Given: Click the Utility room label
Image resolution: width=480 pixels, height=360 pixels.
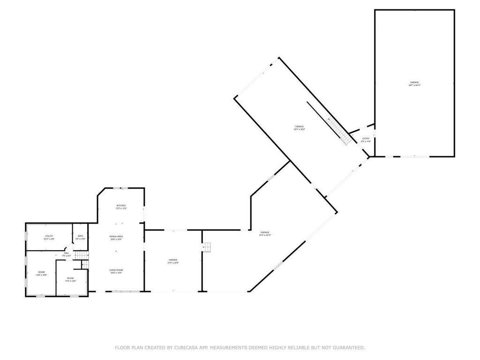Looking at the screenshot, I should coord(49,236).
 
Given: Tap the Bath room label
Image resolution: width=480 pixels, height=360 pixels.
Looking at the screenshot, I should coord(81,236).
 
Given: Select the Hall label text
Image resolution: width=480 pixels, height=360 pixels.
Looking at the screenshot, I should coord(66,253).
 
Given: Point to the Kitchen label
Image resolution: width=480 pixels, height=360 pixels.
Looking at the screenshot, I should coord(121,205).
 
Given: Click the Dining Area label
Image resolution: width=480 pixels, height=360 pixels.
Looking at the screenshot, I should coord(116,236).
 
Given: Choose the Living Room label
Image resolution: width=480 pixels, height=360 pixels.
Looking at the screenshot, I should coord(116,270).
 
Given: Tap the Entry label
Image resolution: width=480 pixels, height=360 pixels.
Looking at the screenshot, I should coord(366,138).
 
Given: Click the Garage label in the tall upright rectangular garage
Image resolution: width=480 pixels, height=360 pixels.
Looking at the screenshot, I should coord(414,82).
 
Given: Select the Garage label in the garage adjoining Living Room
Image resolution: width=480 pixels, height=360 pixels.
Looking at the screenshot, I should coord(173,260).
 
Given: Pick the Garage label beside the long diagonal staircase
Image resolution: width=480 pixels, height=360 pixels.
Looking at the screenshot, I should coord(300,127).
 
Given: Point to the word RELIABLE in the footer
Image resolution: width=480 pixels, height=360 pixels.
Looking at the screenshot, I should coord(299,348).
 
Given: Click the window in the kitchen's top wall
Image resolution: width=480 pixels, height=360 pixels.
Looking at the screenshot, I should coord(121,188).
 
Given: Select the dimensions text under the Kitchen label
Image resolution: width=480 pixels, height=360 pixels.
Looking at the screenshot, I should coord(121,209).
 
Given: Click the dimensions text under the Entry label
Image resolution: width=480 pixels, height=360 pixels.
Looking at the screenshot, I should coord(366,142).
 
